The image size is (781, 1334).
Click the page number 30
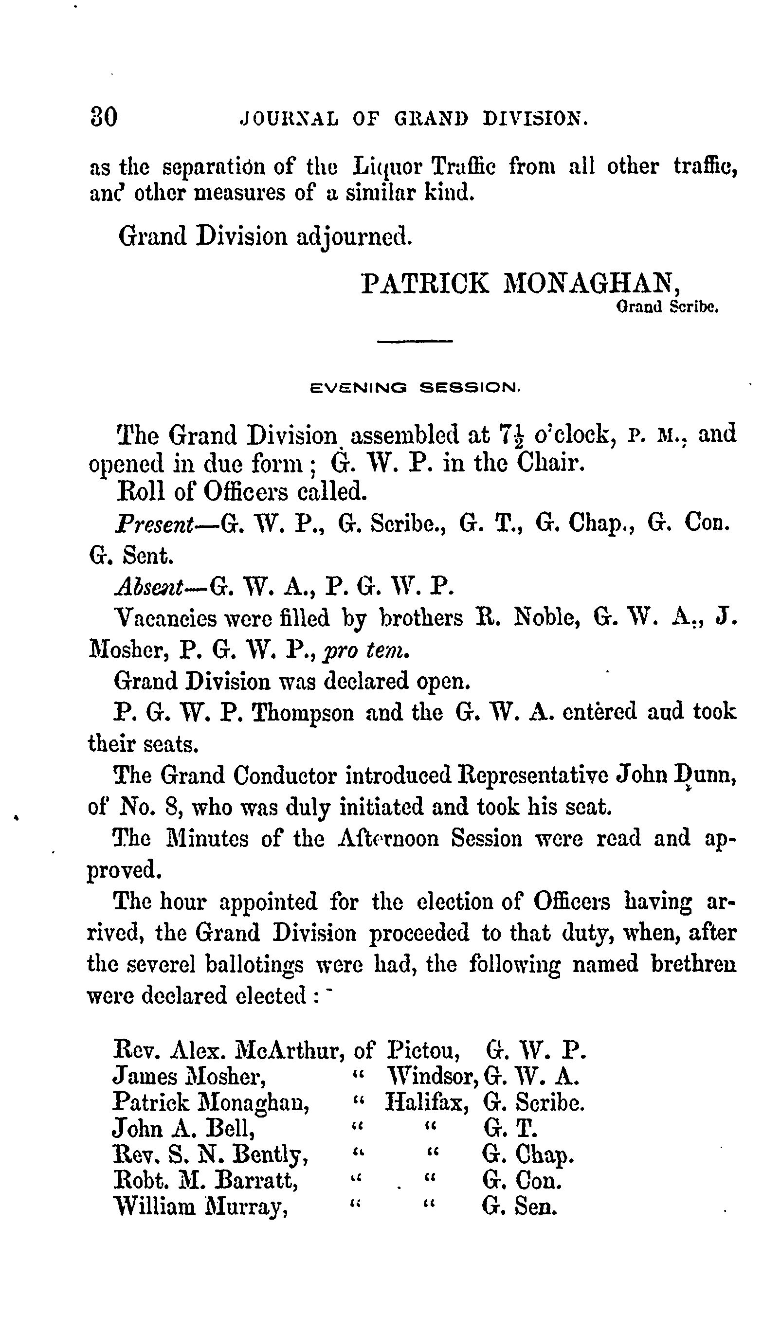pyautogui.click(x=104, y=117)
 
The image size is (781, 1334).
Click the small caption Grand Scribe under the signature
pyautogui.click(x=667, y=307)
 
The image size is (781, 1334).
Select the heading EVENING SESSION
pyautogui.click(x=416, y=388)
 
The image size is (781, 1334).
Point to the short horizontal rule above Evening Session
pyautogui.click(x=415, y=342)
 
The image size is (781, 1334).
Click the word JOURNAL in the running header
pyautogui.click(x=289, y=119)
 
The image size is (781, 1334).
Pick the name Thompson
pyautogui.click(x=302, y=713)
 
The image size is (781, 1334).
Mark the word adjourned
pyautogui.click(x=353, y=236)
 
